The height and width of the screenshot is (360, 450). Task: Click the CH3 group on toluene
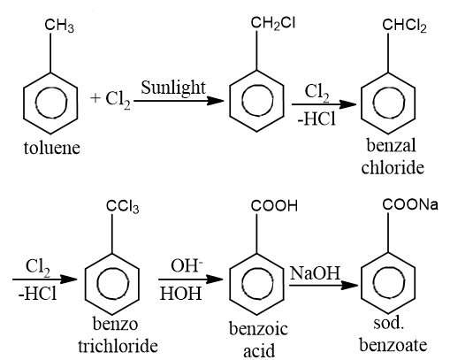point(59,26)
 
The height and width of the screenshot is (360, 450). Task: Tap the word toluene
point(52,148)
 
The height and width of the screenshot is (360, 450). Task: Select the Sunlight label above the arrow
point(173,88)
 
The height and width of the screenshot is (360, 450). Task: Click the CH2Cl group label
point(273,23)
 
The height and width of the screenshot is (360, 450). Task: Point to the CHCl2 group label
point(404,26)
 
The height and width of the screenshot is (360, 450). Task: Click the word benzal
point(392,145)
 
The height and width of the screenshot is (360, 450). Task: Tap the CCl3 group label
point(122,206)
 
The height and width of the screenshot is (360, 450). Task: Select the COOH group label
point(274,205)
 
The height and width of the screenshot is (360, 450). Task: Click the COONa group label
point(410,204)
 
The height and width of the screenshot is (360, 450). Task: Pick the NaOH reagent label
point(315,273)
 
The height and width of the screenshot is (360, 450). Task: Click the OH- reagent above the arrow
point(187,265)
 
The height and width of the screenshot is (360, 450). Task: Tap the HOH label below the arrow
point(180,294)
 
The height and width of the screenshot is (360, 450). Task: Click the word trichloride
point(118,346)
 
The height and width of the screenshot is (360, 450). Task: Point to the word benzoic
point(258,329)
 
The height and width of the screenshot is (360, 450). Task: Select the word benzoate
point(393,345)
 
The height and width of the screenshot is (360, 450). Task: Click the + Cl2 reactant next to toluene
point(111,99)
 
